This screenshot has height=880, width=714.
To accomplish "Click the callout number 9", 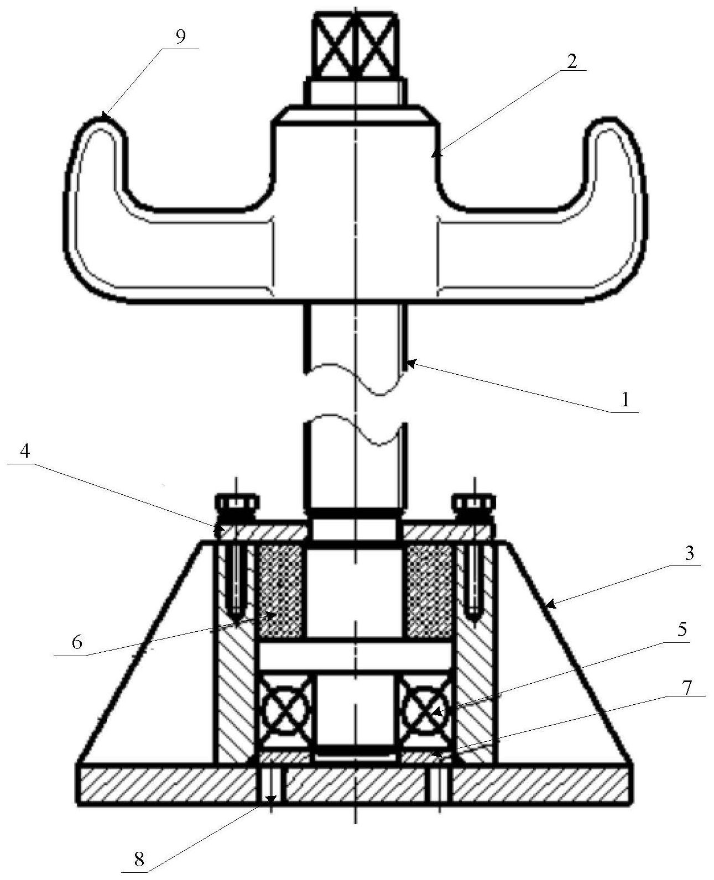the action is tap(181, 37).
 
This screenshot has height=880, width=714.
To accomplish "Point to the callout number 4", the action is tap(25, 452).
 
